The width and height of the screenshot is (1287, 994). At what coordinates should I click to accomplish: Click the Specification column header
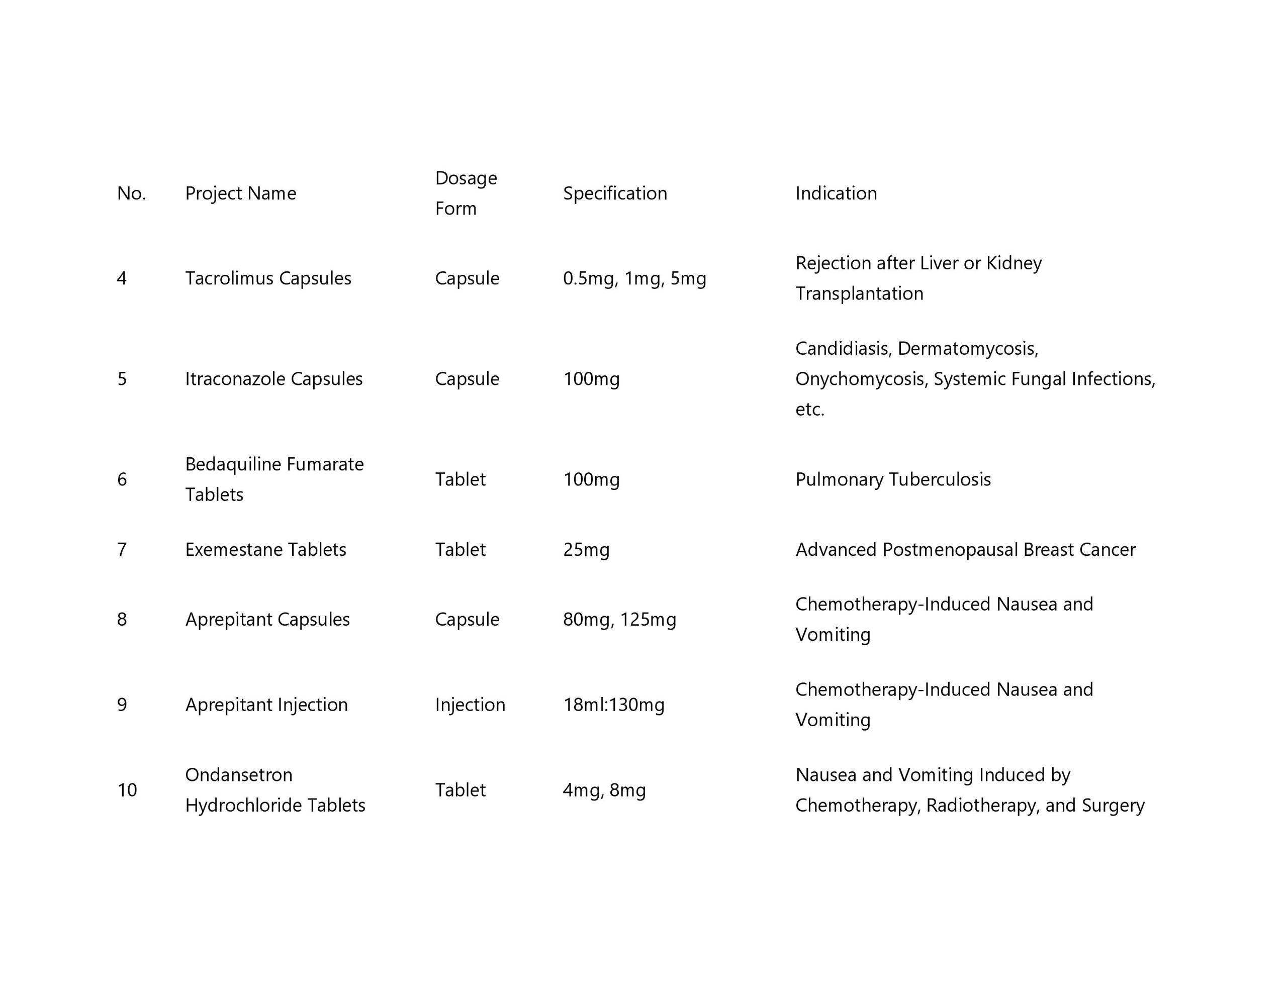coord(615,193)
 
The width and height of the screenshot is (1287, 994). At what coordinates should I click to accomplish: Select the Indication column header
coord(836,193)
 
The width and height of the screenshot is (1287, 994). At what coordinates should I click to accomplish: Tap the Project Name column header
coord(240,193)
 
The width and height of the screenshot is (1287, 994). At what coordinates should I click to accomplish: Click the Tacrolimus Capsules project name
coord(268,278)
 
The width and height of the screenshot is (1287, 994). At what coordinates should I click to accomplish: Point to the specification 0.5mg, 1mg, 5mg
coord(634,278)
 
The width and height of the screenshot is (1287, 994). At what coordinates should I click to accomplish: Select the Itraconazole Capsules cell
coord(273,379)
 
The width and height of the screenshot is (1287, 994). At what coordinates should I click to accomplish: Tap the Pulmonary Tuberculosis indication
coord(893,479)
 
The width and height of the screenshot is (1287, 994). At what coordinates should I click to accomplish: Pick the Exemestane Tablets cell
coord(265,550)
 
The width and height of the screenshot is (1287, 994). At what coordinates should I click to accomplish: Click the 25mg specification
coord(586,550)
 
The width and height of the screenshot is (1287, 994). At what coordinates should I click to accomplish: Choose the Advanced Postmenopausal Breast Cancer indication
coord(965,550)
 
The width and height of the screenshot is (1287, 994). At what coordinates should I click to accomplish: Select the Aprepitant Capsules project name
coord(267,619)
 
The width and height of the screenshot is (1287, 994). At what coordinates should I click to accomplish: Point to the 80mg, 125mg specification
coord(619,619)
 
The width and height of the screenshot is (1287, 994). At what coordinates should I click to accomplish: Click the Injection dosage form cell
coord(470,705)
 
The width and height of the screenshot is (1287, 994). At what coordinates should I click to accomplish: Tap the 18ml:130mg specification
coord(613,705)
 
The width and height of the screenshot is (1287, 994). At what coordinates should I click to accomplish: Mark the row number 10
coord(127,790)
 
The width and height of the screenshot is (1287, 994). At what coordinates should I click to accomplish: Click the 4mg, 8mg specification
coord(604,790)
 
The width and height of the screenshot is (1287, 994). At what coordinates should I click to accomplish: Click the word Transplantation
coord(859,293)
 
